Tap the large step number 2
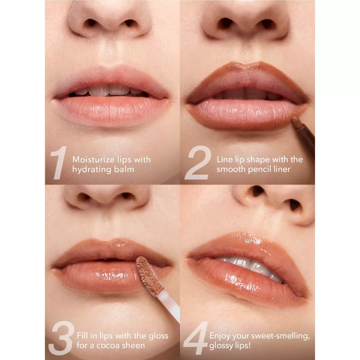[x=198, y=163]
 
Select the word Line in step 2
[x=224, y=159]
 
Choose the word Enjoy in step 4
[x=220, y=336]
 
